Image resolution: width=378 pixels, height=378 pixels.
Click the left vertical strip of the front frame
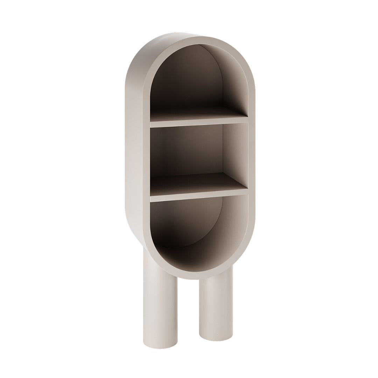(x=147, y=157)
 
